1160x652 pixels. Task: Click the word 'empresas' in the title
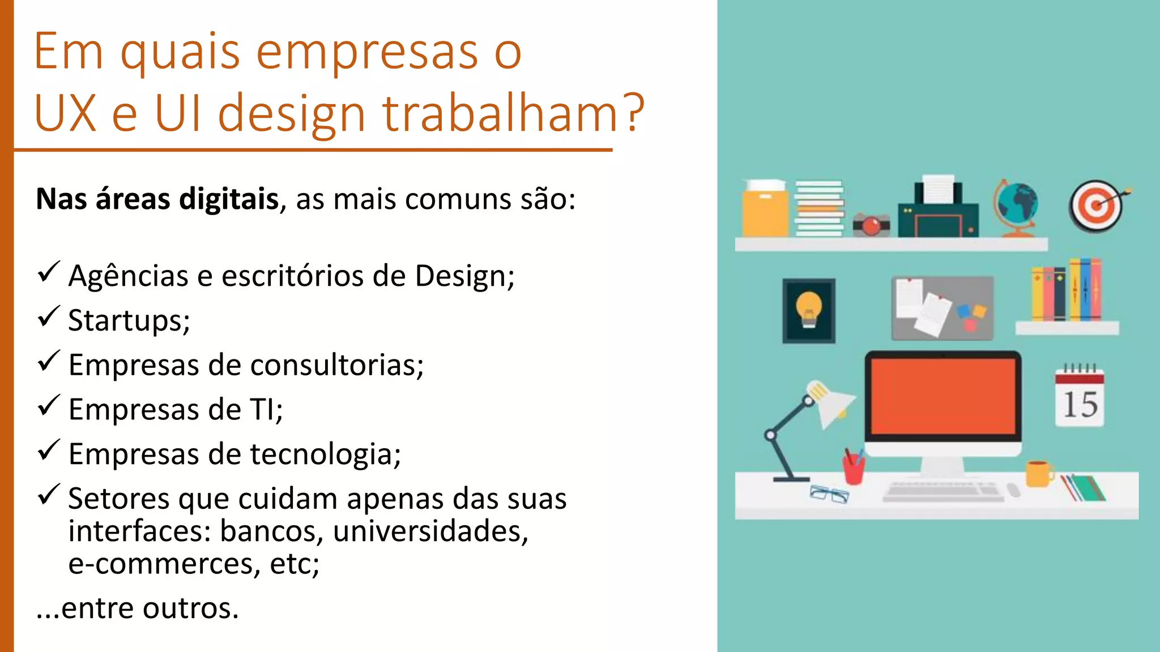367,52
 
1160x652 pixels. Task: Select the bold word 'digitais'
229,199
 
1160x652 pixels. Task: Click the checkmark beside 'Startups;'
49,317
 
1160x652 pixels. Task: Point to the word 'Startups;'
129,321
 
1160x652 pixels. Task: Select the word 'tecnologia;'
325,454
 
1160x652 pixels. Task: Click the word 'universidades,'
430,531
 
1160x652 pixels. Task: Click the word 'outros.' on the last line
190,608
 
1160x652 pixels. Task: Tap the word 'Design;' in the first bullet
464,276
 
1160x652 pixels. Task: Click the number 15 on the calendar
1080,405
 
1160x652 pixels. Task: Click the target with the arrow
1097,206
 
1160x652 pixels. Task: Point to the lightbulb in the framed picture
808,309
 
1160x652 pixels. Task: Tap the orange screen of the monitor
943,396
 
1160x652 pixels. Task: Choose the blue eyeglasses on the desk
829,494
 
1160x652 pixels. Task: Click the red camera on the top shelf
871,225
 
